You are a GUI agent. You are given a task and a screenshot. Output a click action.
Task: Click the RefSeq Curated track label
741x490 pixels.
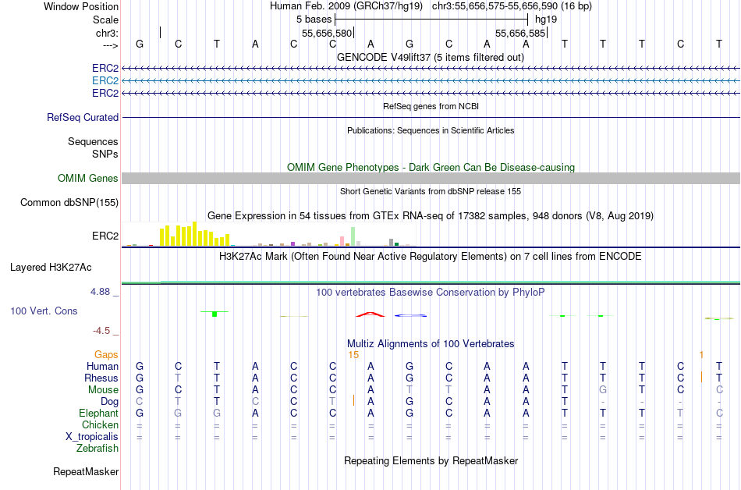coord(83,117)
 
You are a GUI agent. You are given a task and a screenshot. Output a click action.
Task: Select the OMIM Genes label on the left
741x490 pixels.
coord(88,179)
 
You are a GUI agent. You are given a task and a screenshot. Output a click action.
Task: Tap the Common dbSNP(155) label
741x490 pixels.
coord(69,203)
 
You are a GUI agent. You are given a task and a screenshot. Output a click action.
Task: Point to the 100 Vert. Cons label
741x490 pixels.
coord(44,311)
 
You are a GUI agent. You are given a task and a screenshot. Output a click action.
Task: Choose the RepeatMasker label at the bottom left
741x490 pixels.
coord(86,471)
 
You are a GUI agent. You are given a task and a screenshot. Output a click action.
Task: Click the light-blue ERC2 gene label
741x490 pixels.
coord(105,80)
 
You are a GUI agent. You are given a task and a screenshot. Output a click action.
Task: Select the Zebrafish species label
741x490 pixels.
coord(97,449)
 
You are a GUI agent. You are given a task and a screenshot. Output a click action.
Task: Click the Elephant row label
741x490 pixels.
coord(98,414)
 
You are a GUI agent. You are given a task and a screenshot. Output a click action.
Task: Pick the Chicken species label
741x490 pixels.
coord(100,425)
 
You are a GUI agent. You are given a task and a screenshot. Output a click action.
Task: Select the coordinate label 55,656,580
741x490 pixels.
coord(328,34)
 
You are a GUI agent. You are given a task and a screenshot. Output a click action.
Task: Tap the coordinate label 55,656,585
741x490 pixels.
coord(521,34)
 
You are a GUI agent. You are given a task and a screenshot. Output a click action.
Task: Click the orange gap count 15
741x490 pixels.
coord(353,355)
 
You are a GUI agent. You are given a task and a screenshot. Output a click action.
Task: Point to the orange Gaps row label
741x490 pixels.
coord(106,355)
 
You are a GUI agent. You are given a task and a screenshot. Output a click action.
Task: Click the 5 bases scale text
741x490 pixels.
coord(314,19)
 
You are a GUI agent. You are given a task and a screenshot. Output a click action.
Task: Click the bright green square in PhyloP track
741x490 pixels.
coord(214,314)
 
